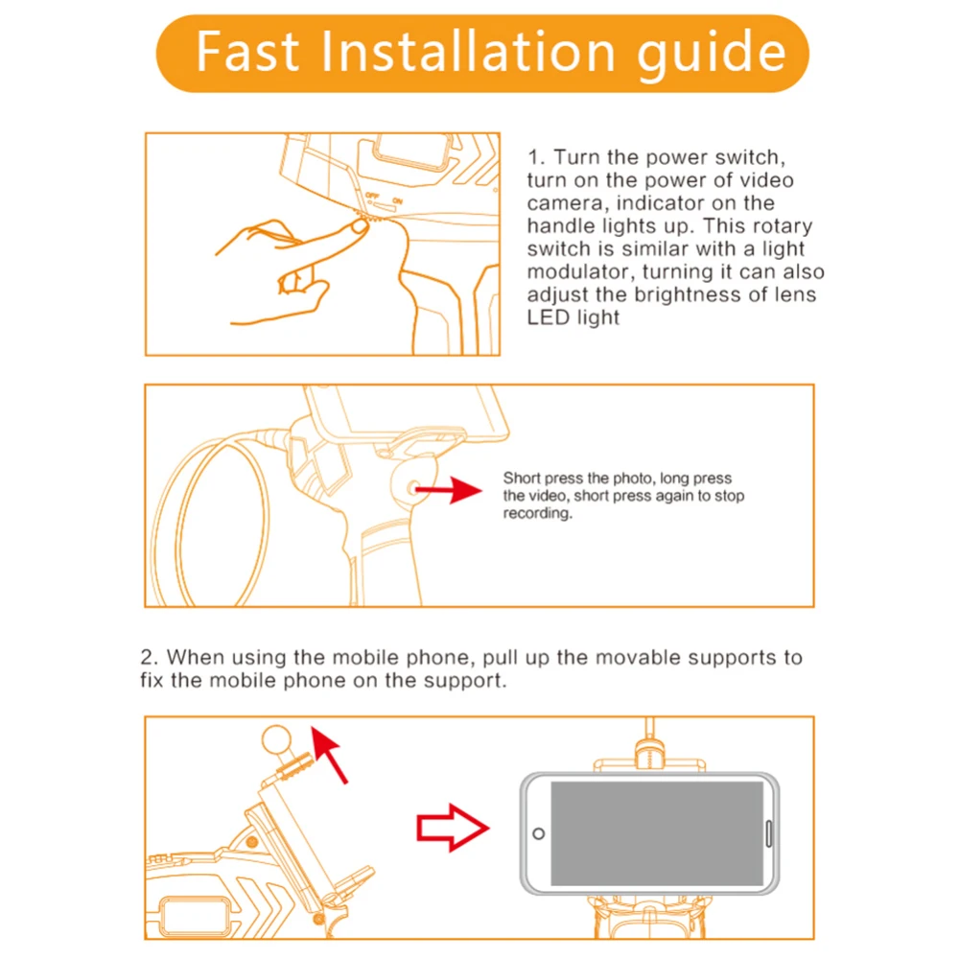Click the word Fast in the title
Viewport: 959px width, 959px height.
tap(247, 52)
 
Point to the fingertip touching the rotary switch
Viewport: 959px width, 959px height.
tap(359, 224)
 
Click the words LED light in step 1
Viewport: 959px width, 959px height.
tap(573, 317)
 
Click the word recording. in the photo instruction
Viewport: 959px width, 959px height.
tap(537, 514)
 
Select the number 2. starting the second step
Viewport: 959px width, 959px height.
tap(149, 658)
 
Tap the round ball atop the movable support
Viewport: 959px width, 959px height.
tap(278, 739)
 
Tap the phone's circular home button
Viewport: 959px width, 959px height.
tap(539, 832)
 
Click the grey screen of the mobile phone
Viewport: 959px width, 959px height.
tap(657, 832)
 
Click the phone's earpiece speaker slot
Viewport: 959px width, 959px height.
tap(769, 832)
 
